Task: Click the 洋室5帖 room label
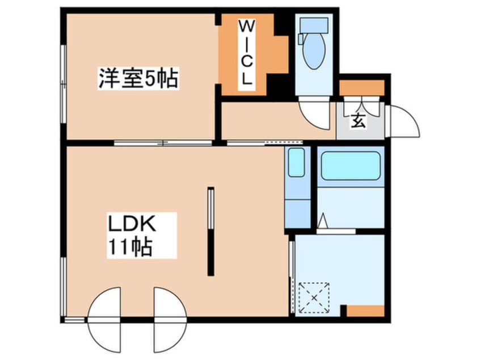tap(138, 79)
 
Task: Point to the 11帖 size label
tap(130, 247)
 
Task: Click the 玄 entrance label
tap(358, 120)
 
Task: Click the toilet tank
tap(311, 24)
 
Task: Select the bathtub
tap(350, 165)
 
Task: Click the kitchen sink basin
tap(296, 163)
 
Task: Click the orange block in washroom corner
tap(365, 311)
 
